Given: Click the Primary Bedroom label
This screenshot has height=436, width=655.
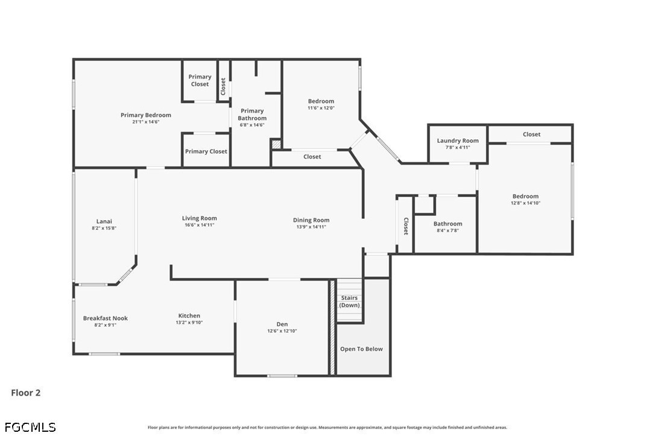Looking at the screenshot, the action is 146,115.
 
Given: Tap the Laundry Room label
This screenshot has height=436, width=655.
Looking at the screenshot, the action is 458,141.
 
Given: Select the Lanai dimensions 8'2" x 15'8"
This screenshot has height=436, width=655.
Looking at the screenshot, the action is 104,228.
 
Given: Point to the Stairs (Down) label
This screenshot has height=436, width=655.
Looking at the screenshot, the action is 349,301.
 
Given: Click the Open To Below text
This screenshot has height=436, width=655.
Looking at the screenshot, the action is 361,349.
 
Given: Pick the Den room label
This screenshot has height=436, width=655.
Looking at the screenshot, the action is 282,324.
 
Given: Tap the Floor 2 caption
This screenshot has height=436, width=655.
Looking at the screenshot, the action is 26,393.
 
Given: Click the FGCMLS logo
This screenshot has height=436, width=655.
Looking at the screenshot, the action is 30,427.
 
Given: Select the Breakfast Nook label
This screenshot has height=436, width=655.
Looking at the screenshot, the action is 106,318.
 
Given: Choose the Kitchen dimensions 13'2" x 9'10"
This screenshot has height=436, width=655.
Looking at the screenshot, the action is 189,323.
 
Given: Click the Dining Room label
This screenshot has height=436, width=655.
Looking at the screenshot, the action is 311,220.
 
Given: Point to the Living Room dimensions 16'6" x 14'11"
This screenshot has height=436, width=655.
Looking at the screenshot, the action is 199,225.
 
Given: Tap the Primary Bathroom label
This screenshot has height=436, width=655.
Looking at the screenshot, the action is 252,115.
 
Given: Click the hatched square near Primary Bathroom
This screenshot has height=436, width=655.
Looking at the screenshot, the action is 276,144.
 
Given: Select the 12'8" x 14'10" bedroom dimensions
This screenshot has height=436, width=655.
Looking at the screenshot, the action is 525,203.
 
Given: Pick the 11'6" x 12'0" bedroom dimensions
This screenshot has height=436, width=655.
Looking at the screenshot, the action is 321,108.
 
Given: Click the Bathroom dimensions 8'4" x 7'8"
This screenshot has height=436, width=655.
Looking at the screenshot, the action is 448,230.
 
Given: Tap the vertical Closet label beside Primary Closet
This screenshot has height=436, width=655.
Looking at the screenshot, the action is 223,86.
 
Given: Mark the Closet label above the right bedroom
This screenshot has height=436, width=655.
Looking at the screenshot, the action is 531,134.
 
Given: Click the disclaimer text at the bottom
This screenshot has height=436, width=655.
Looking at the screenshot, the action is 327,427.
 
